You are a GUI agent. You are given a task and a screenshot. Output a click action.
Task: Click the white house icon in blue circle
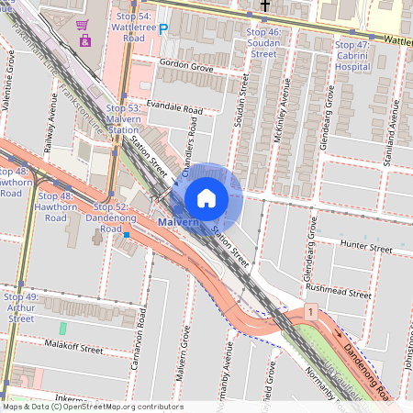pyautogui.click(x=206, y=198)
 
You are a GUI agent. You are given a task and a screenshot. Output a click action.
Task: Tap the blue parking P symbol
pyautogui.click(x=164, y=29)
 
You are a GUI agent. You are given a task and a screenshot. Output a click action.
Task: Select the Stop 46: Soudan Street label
pyautogui.click(x=263, y=43)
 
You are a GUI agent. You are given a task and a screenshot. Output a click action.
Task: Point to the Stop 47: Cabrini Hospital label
pyautogui.click(x=352, y=55)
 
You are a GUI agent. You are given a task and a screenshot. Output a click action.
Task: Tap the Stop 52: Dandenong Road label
pyautogui.click(x=111, y=213)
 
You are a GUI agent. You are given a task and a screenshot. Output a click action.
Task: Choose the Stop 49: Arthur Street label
pyautogui.click(x=20, y=307)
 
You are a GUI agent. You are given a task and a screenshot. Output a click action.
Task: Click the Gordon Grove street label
pyautogui.click(x=185, y=67)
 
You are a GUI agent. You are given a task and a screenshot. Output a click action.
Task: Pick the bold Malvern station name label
pyautogui.click(x=178, y=223)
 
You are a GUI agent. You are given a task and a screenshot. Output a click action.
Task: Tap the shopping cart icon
pyautogui.click(x=84, y=25)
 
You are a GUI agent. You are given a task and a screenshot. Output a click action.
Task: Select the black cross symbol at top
pyautogui.click(x=265, y=6)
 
